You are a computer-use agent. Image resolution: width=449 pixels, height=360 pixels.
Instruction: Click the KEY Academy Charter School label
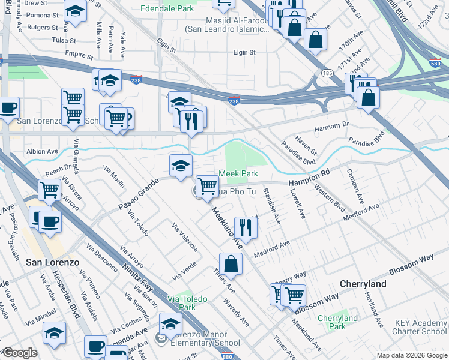tap(420, 327)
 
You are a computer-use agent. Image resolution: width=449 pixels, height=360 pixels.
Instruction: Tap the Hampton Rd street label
tap(309, 172)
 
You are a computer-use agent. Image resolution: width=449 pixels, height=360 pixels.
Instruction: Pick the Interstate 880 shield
tap(193, 356)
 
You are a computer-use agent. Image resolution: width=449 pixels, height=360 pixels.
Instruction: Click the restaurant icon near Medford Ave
tap(245, 226)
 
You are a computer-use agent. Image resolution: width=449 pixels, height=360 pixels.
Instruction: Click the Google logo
tap(20, 353)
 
